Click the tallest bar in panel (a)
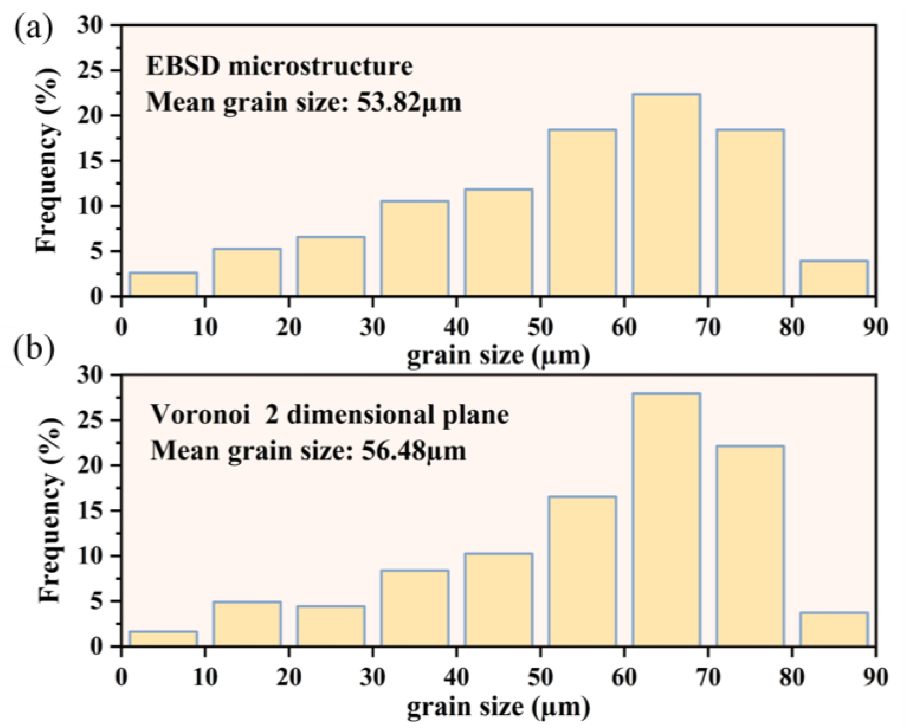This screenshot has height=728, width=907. pos(666,195)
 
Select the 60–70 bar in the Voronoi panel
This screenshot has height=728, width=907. pos(666,519)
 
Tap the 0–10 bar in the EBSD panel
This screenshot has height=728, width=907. pos(163,285)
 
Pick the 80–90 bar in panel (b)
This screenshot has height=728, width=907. pos(834,629)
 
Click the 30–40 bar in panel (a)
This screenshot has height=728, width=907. pos(415,249)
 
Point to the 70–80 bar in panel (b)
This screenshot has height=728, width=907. pos(750,546)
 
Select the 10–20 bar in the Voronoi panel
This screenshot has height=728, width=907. pos(247,624)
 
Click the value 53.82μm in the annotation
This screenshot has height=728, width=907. pos(409,102)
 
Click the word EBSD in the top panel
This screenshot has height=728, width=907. pos(183,67)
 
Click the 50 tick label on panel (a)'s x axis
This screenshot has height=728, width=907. pos(541,327)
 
